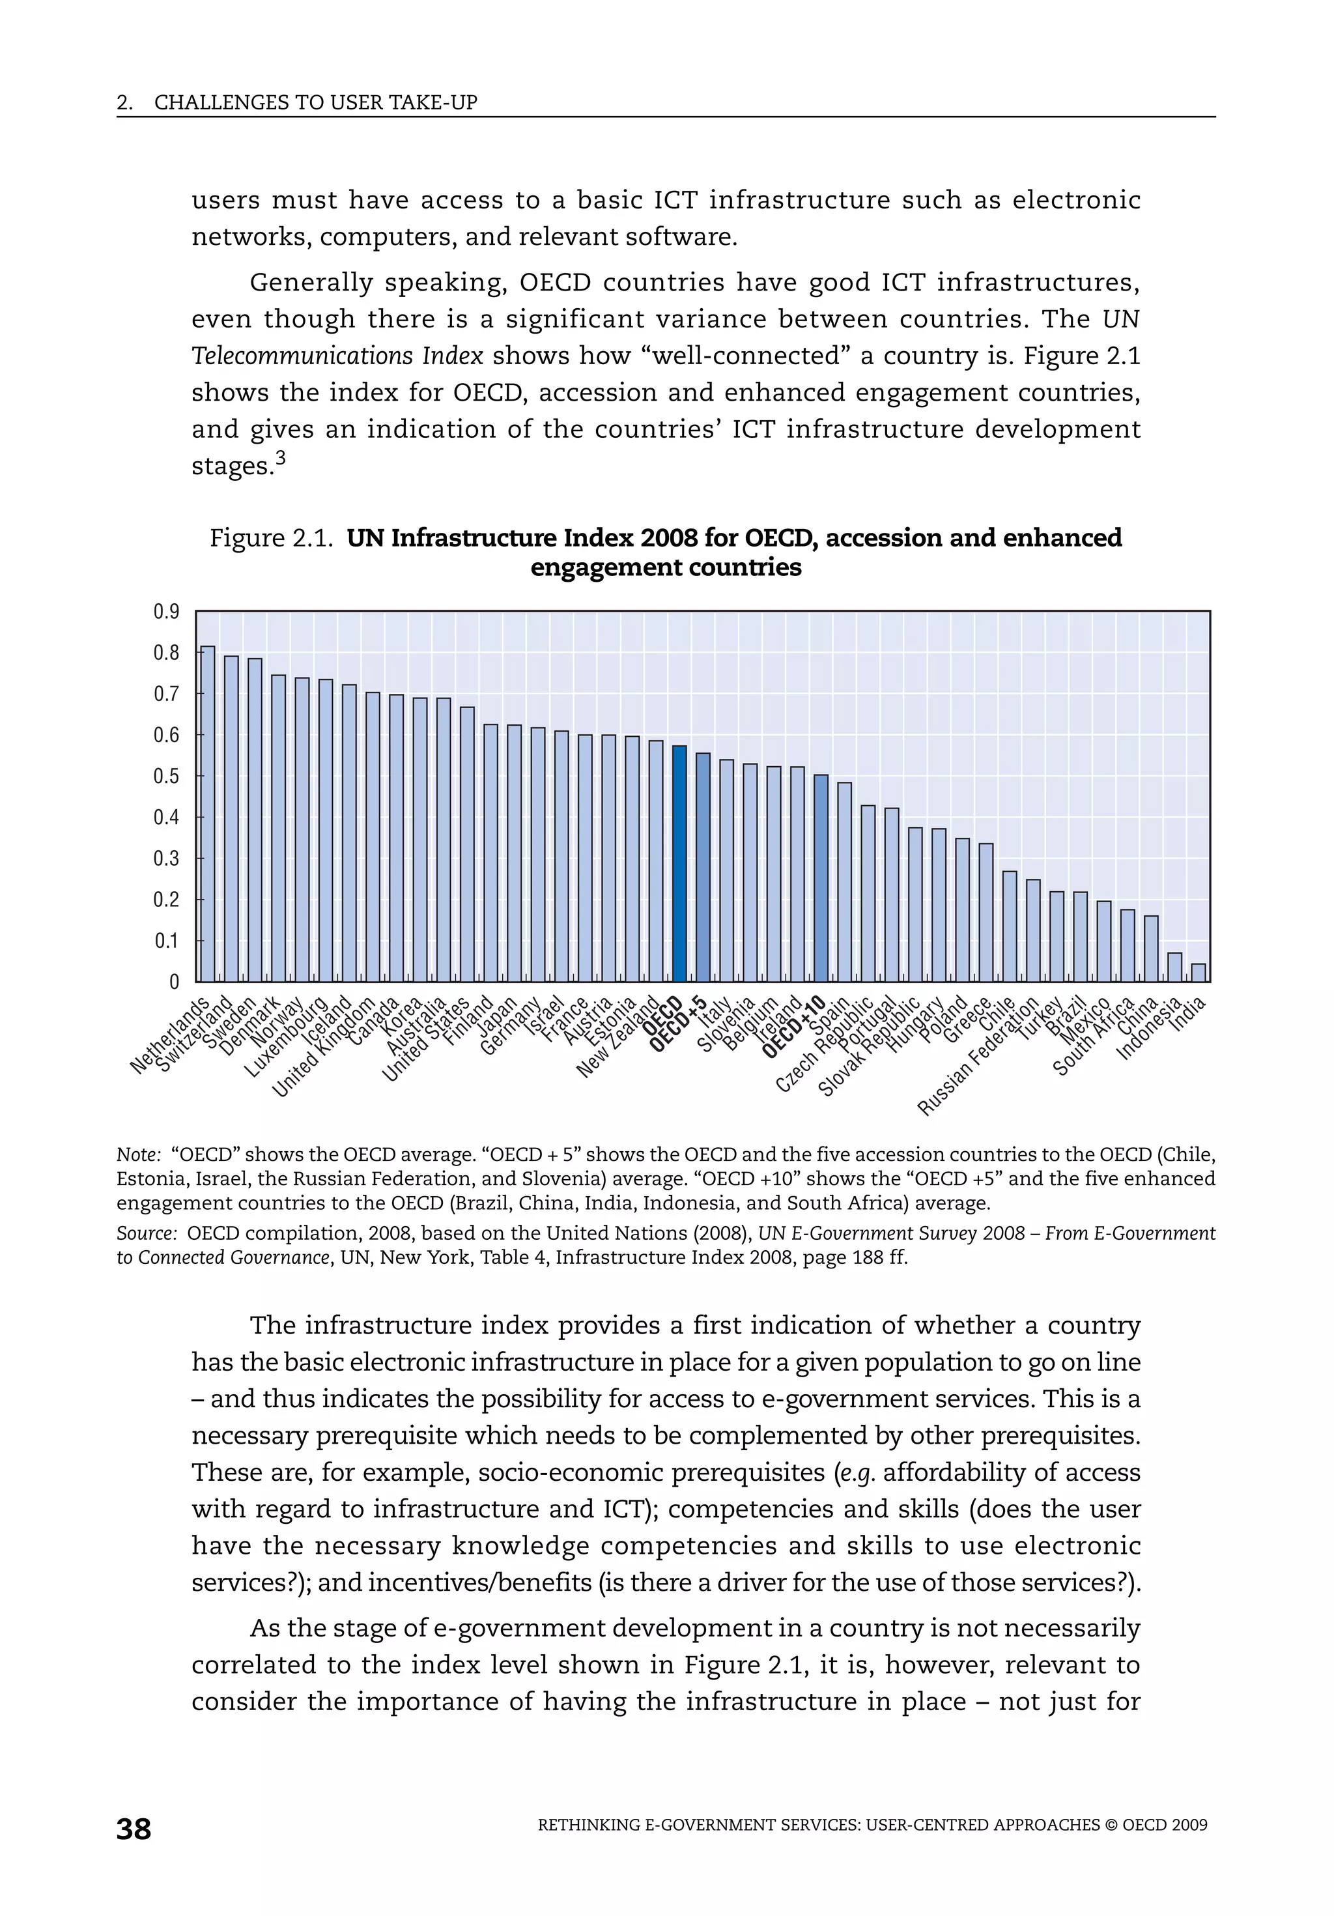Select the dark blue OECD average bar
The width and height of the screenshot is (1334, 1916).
[679, 864]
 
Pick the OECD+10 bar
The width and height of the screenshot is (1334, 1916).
[821, 878]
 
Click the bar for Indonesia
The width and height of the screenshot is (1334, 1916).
[1174, 967]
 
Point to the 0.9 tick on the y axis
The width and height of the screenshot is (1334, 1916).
[166, 612]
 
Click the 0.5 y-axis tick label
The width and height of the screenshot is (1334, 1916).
[166, 776]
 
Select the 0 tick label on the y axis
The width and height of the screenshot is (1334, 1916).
[173, 982]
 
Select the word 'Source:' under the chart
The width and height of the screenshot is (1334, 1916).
[146, 1233]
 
